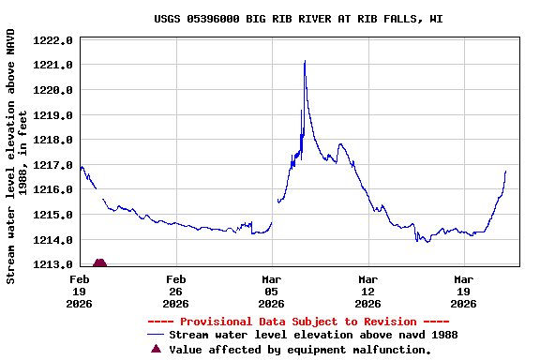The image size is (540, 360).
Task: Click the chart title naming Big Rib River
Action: click(x=298, y=18)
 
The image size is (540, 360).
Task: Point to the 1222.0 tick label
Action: click(x=52, y=40)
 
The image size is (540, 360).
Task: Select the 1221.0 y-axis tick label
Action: click(x=52, y=65)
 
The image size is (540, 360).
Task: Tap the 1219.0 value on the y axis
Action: click(x=52, y=115)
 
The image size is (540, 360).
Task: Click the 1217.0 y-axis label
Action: click(x=52, y=165)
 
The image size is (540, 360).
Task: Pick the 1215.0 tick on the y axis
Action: click(x=52, y=215)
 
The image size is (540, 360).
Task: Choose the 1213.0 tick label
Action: click(x=52, y=264)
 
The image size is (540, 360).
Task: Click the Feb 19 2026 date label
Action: click(x=80, y=291)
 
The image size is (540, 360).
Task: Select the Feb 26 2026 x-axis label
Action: click(x=176, y=291)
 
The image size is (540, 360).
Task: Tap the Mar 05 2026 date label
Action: click(x=272, y=291)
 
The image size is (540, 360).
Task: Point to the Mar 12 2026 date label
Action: click(x=368, y=291)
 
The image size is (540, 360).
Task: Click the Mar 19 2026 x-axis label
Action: click(x=464, y=291)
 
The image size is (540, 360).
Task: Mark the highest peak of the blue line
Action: click(x=305, y=61)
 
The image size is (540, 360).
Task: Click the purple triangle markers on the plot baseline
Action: click(x=99, y=263)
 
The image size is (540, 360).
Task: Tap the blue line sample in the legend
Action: click(x=156, y=335)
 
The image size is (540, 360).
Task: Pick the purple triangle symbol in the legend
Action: click(x=156, y=349)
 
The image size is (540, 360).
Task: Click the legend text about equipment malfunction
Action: click(x=300, y=350)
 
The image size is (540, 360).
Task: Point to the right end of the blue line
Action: click(x=505, y=172)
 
